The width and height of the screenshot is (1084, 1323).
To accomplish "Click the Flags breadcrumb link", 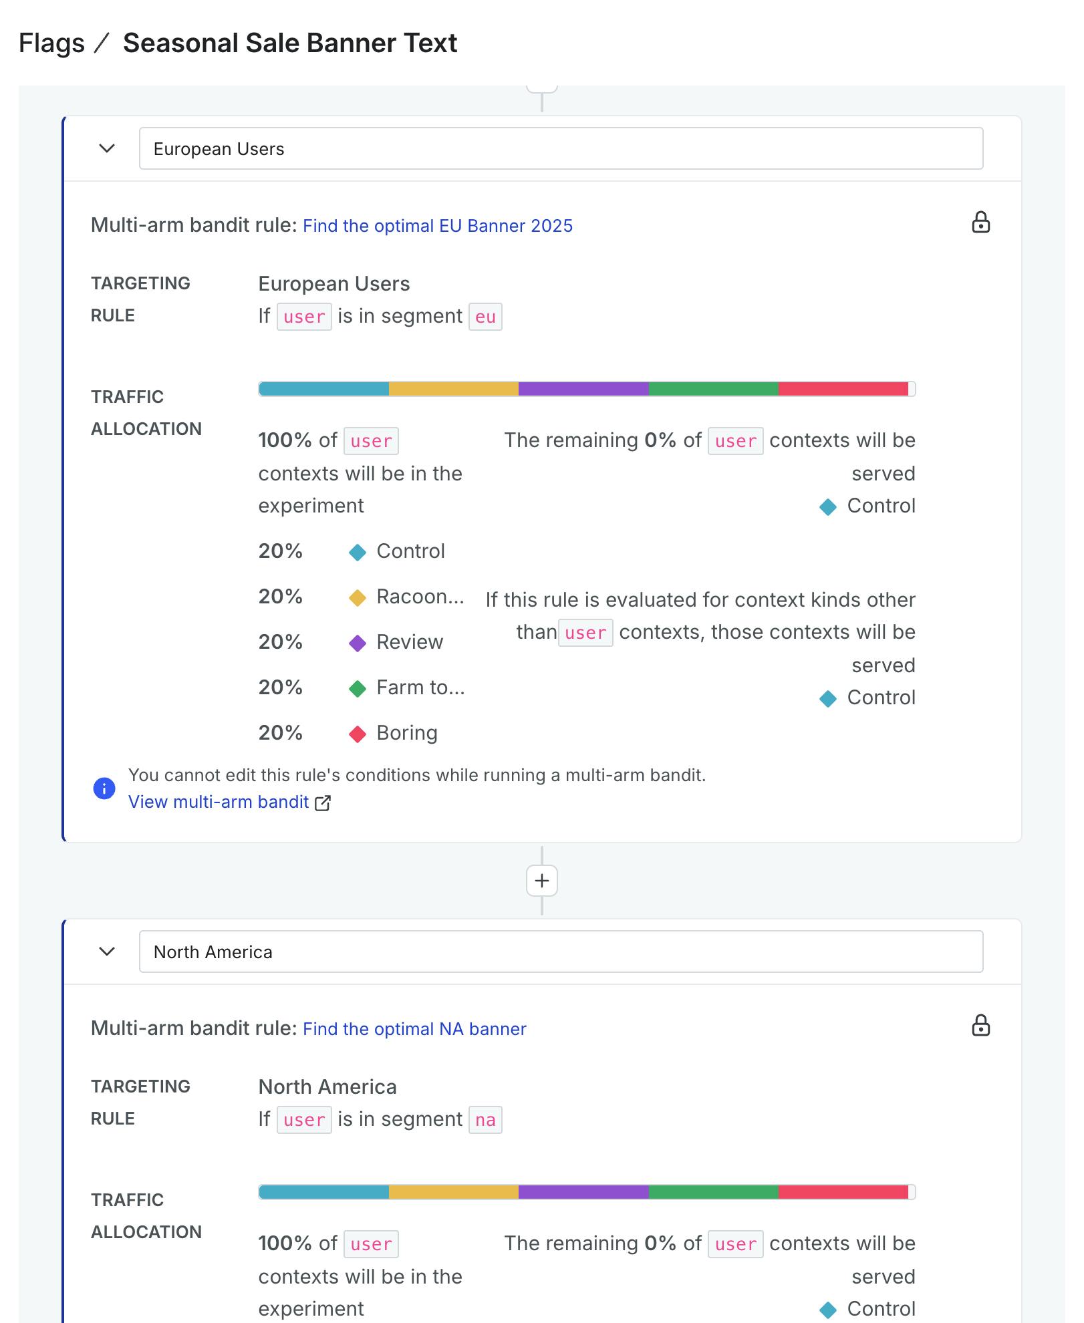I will click(51, 43).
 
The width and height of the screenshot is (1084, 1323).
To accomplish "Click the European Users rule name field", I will click(560, 148).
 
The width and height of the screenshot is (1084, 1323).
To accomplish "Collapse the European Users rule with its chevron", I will click(107, 148).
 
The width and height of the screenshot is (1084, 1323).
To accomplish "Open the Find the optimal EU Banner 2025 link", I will click(437, 226).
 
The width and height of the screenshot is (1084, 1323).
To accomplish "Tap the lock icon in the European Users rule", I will click(980, 223).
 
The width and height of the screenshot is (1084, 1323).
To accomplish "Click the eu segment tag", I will click(485, 317).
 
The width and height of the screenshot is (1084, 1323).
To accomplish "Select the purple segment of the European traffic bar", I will click(583, 389).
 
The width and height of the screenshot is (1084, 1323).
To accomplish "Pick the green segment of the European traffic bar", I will click(713, 389).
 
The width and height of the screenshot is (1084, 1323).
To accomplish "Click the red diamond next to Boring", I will click(358, 734).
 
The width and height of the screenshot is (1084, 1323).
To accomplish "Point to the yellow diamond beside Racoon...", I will click(358, 598).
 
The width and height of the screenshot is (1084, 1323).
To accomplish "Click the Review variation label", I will click(409, 642).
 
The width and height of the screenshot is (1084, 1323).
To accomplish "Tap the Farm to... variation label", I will click(420, 688).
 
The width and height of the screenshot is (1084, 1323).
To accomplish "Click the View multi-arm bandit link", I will click(219, 802).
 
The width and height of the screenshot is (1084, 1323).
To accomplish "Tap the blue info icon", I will click(104, 788).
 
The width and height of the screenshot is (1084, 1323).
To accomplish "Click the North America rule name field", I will click(560, 951).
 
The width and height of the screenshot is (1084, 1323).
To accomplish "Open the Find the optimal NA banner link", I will click(414, 1029).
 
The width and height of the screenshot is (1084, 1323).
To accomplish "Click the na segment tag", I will click(485, 1120).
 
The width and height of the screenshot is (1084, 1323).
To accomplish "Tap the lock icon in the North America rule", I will click(980, 1026).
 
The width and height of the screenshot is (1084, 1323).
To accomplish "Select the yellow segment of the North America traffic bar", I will click(453, 1192).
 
